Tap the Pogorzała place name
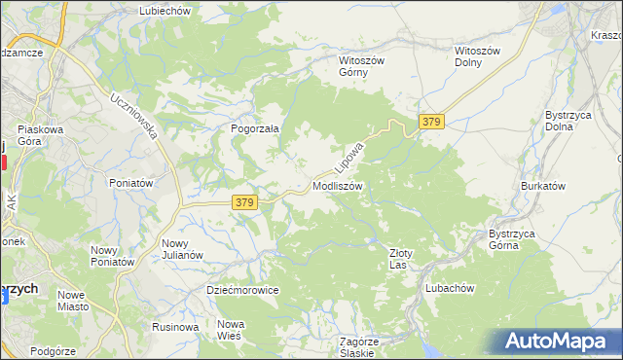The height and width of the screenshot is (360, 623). click(255, 128)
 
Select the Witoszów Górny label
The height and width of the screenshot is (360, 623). click(361, 66)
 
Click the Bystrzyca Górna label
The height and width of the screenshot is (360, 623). click(518, 239)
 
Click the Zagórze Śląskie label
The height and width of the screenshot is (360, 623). click(357, 347)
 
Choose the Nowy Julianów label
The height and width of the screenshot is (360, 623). click(182, 249)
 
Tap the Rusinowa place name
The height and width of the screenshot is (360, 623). click(175, 327)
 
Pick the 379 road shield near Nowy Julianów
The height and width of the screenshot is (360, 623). click(244, 202)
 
